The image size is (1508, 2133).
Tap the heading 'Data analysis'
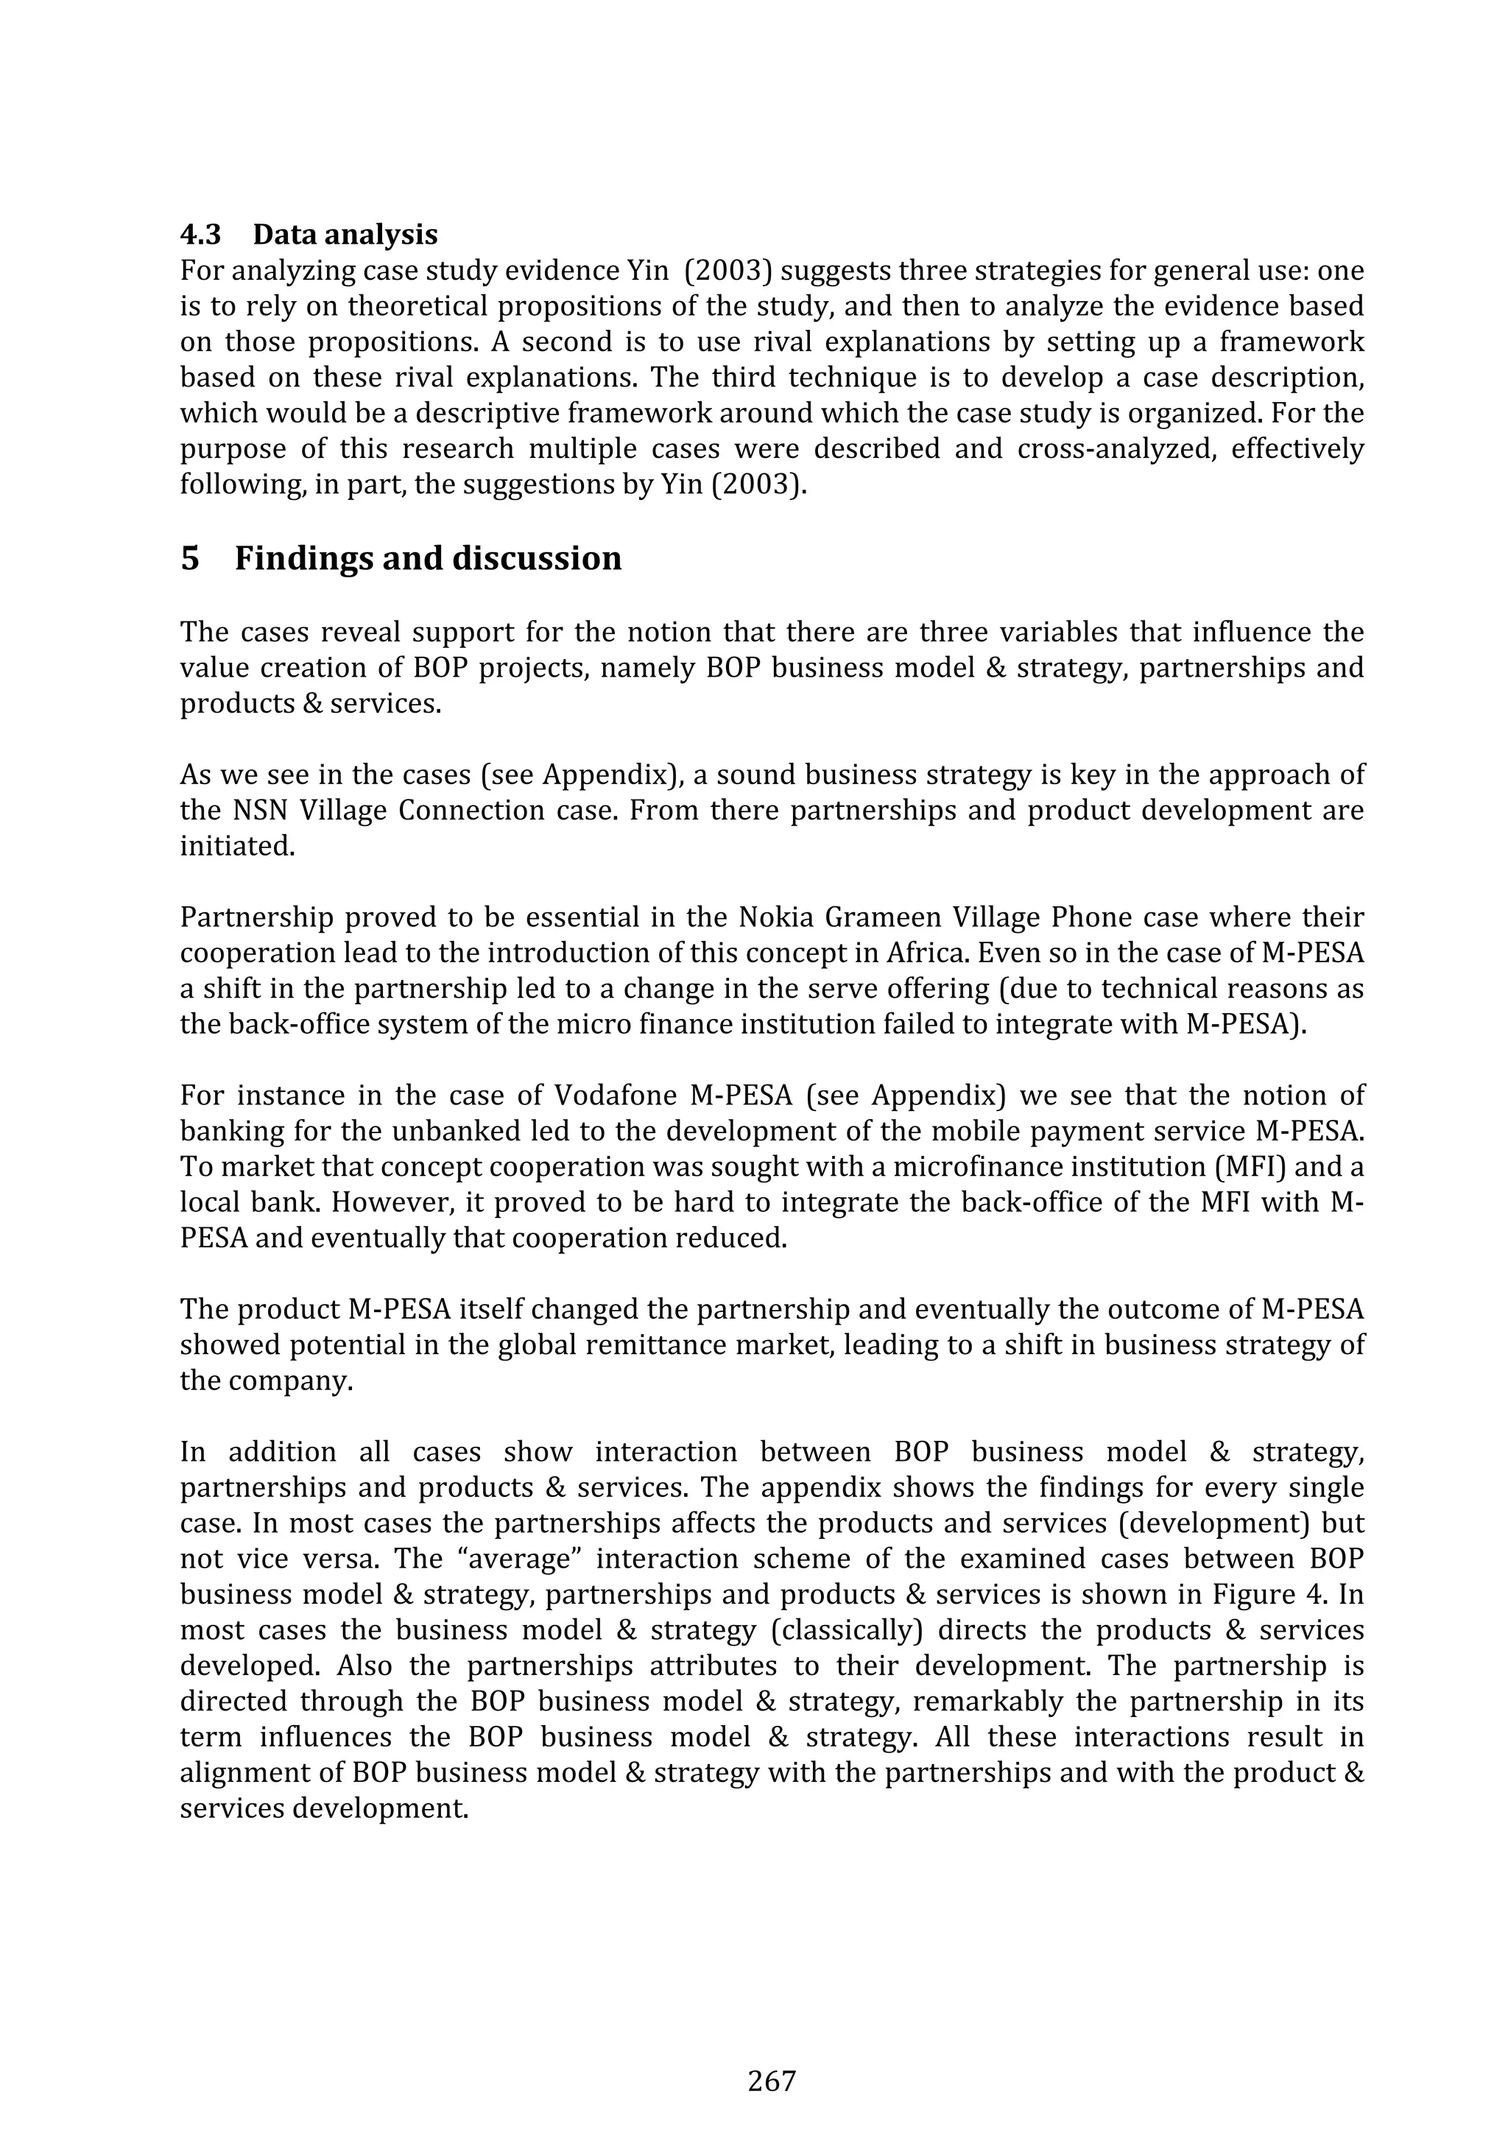coord(345,234)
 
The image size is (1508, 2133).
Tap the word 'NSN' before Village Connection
coord(253,811)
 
